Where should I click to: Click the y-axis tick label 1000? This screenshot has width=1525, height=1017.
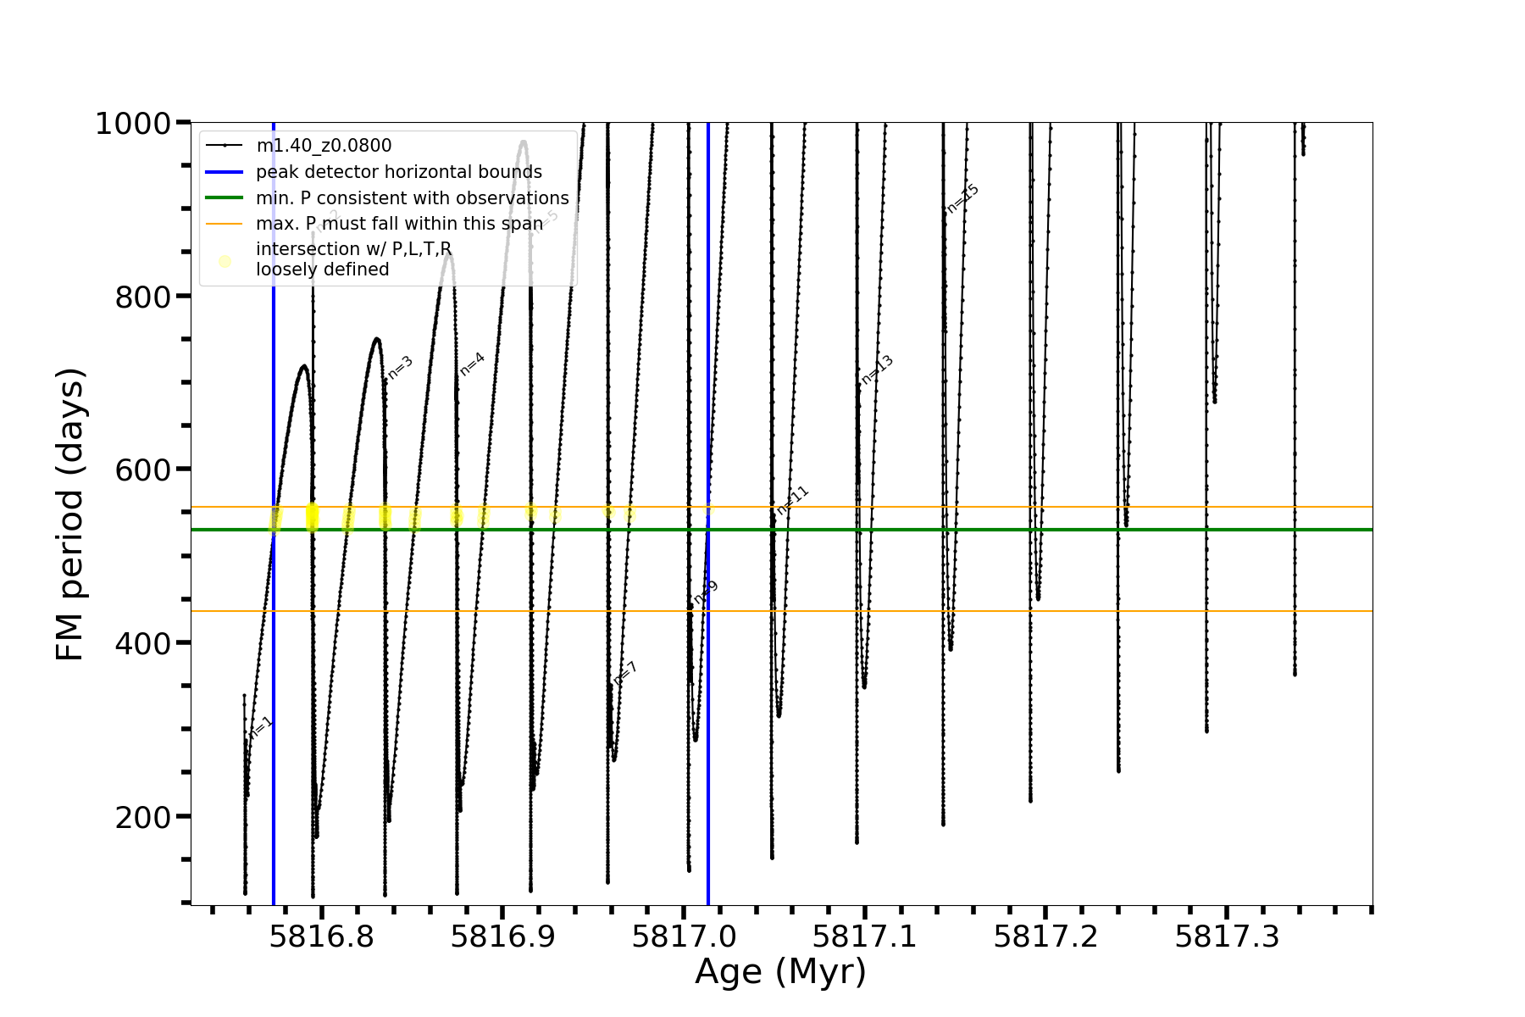click(133, 125)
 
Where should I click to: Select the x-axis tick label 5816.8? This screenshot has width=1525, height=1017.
click(321, 936)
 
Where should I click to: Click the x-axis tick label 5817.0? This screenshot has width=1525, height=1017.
click(684, 936)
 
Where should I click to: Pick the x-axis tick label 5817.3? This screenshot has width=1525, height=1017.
click(1227, 936)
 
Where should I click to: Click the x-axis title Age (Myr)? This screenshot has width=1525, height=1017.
click(780, 972)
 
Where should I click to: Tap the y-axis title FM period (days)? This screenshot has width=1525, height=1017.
click(70, 514)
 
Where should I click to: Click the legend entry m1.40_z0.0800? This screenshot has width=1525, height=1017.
click(324, 146)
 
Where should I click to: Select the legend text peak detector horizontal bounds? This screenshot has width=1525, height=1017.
click(399, 172)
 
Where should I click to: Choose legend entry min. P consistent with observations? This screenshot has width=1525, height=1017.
click(413, 198)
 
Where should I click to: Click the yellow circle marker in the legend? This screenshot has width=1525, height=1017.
click(225, 261)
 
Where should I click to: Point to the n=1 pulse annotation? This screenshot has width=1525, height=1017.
click(261, 727)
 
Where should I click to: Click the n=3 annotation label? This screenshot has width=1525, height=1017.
click(400, 367)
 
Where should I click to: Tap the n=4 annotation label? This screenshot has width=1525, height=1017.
click(472, 364)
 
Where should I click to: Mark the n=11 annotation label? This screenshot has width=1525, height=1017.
click(793, 500)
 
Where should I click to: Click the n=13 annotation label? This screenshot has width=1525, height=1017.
click(877, 370)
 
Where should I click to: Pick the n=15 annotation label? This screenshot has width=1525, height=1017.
click(962, 198)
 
